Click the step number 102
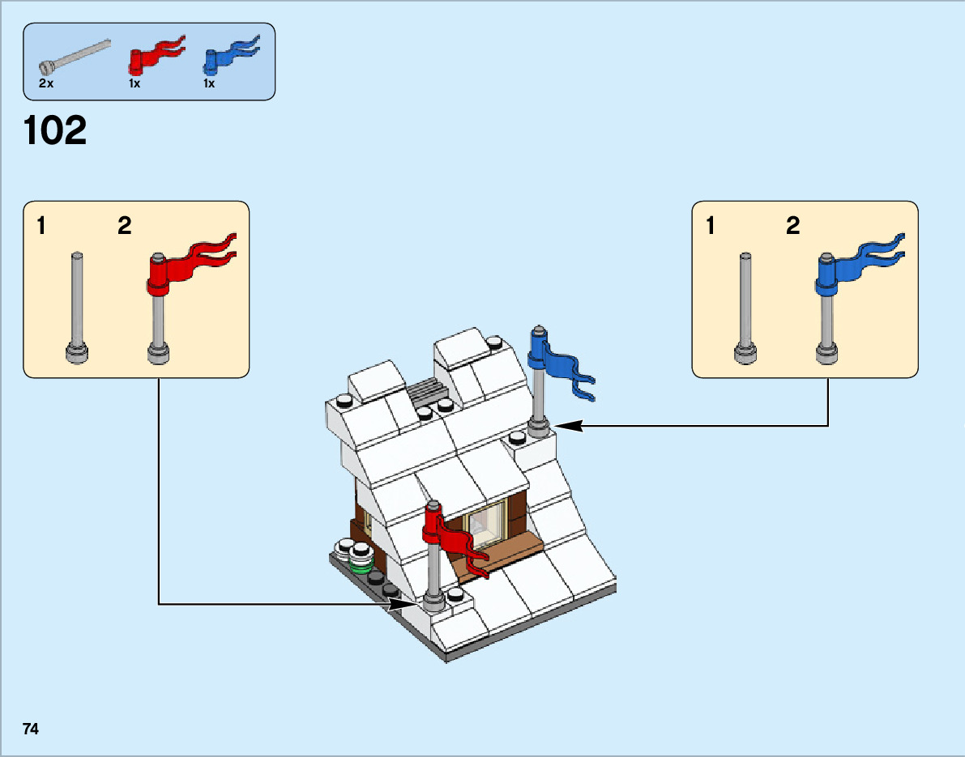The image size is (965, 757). [55, 131]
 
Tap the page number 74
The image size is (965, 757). [31, 729]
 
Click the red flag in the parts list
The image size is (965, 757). [156, 56]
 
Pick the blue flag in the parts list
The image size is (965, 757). [231, 54]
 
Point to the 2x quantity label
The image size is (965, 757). [46, 83]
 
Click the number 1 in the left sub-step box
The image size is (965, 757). [41, 227]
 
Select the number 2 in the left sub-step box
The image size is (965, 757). [124, 227]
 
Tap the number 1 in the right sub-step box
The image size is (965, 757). [711, 227]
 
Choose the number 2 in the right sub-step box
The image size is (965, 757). [792, 227]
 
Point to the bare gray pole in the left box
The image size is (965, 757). [77, 308]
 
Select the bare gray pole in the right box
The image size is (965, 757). [745, 308]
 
